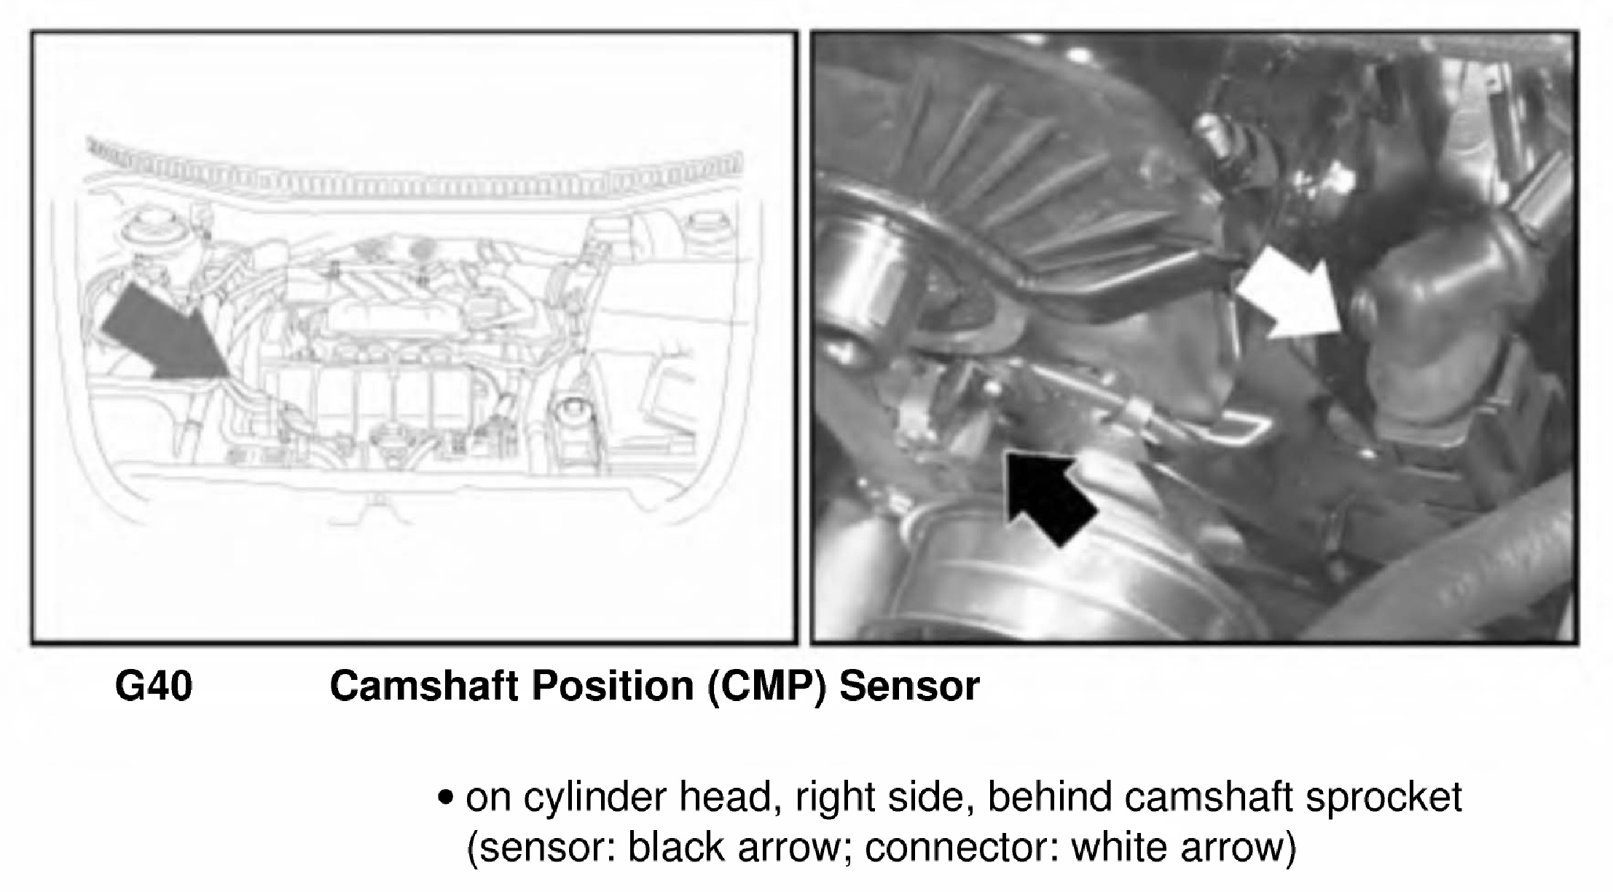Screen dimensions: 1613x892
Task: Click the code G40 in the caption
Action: [x=154, y=686]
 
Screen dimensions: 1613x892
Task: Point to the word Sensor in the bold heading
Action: [x=909, y=686]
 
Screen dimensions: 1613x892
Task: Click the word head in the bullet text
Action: [x=725, y=797]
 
